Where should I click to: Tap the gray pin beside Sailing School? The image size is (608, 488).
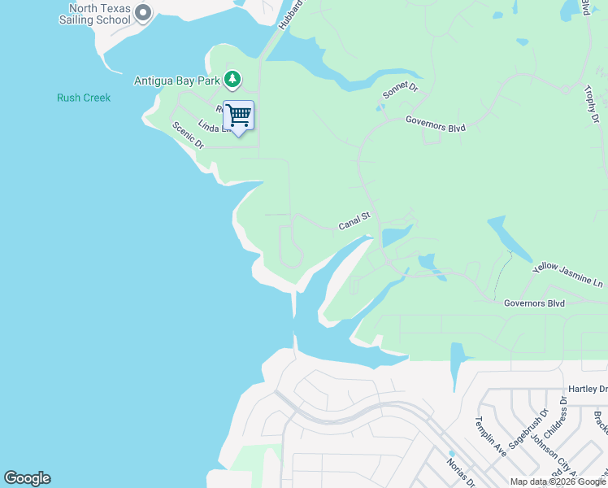click(x=144, y=13)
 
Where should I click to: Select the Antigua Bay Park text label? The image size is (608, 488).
click(x=176, y=81)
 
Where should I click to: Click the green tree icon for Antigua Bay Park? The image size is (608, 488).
click(x=233, y=79)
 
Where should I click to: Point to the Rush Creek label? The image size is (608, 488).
click(x=84, y=98)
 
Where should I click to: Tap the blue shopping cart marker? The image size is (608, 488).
click(x=238, y=115)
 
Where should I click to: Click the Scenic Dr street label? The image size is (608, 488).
click(x=187, y=134)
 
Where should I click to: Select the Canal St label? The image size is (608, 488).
click(x=354, y=220)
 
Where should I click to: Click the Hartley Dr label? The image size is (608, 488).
click(x=588, y=390)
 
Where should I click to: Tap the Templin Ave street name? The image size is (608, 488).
click(x=490, y=437)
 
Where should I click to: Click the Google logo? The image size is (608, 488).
click(x=27, y=478)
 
